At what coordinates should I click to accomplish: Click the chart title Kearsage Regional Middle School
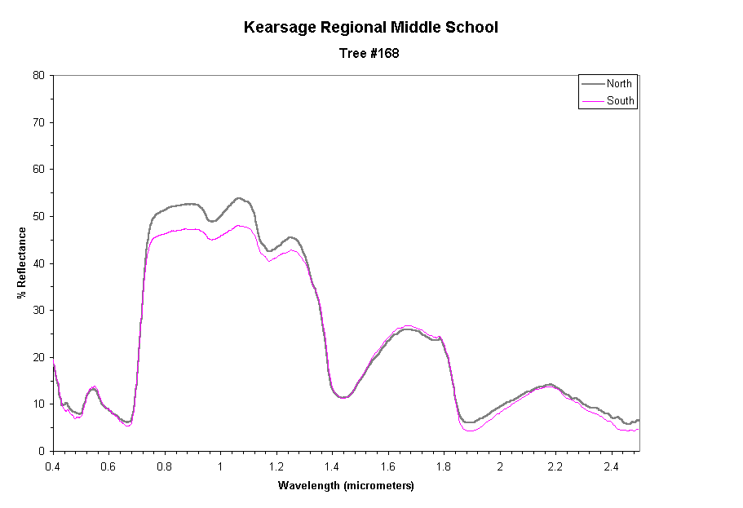pyautogui.click(x=371, y=28)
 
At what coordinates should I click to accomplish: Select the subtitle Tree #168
pyautogui.click(x=371, y=54)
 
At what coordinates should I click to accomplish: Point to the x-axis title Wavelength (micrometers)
pyautogui.click(x=346, y=486)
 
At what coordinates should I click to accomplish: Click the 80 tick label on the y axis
pyautogui.click(x=38, y=75)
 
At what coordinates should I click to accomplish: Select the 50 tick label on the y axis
pyautogui.click(x=38, y=216)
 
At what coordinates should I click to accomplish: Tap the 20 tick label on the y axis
pyautogui.click(x=38, y=357)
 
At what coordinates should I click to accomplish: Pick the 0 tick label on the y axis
pyautogui.click(x=41, y=451)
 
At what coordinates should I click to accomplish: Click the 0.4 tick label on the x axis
pyautogui.click(x=53, y=466)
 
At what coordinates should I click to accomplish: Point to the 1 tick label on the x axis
pyautogui.click(x=220, y=466)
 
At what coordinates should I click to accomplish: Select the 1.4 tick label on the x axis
pyautogui.click(x=332, y=466)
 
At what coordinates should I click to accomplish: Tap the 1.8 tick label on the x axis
pyautogui.click(x=444, y=466)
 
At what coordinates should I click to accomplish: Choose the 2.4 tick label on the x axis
pyautogui.click(x=611, y=466)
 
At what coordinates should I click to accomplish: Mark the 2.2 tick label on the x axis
pyautogui.click(x=555, y=466)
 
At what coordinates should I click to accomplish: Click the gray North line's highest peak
pyautogui.click(x=238, y=197)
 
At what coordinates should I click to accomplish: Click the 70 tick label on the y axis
pyautogui.click(x=38, y=122)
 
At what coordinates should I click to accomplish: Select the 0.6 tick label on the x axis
pyautogui.click(x=108, y=466)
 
